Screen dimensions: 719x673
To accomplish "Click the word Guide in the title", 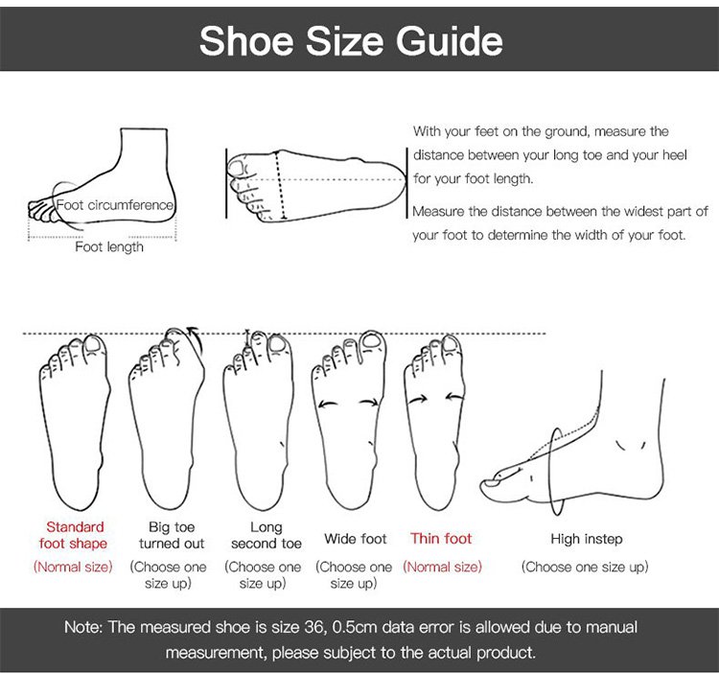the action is (x=450, y=41).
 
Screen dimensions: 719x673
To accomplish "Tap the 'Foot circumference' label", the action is (x=115, y=205).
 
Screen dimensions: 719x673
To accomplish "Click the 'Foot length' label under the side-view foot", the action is (x=109, y=247).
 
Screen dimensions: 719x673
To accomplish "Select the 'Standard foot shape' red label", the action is (x=74, y=535).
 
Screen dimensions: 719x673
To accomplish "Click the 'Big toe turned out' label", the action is (x=172, y=535).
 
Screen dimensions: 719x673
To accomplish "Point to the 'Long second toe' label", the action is (x=266, y=535).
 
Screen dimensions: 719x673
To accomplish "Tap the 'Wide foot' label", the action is (x=356, y=539).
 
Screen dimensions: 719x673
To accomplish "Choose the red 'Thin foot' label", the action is (x=441, y=539).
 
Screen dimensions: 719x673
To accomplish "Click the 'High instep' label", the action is (x=587, y=539).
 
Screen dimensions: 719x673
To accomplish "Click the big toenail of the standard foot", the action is (x=94, y=345).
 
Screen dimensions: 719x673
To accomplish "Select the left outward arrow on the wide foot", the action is (x=328, y=405).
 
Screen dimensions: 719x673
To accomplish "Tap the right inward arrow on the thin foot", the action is (x=454, y=397).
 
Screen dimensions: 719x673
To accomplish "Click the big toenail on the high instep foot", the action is (x=492, y=483).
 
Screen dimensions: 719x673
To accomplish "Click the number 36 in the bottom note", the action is (x=314, y=627).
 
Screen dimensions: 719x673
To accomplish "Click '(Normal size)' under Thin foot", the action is (x=443, y=568).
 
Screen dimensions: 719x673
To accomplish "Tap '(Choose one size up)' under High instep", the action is (x=585, y=568).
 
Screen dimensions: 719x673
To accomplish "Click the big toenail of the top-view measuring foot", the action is (x=237, y=168).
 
